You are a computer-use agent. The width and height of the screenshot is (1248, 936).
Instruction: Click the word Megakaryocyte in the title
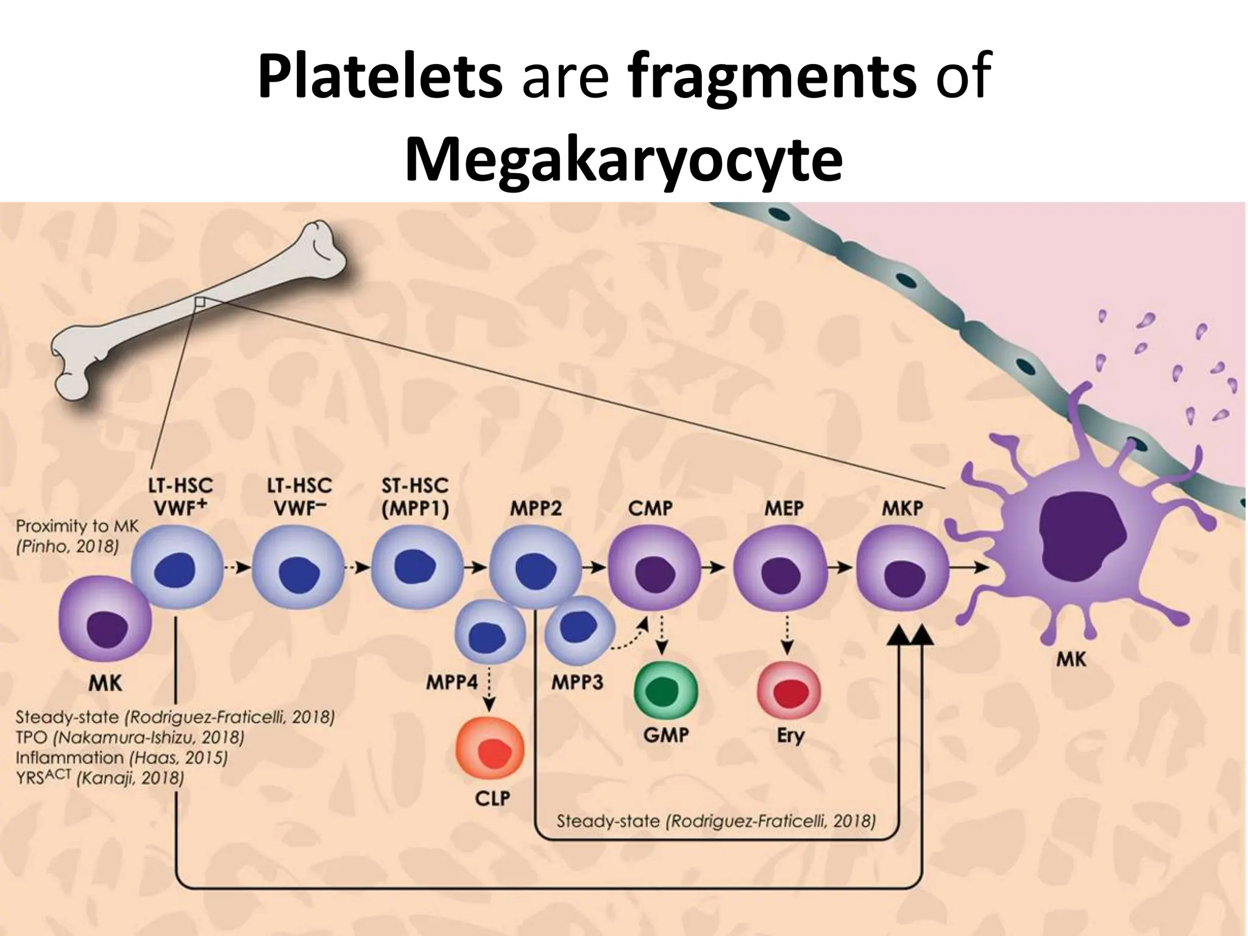[623, 160]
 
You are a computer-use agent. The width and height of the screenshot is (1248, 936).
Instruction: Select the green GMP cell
[665, 692]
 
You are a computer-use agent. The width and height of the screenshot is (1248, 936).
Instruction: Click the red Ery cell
[789, 692]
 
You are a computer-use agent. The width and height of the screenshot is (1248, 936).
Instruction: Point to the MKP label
[902, 508]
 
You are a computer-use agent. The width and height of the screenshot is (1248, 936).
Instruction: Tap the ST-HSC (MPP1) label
[415, 498]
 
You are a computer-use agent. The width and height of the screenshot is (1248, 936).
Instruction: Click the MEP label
[784, 508]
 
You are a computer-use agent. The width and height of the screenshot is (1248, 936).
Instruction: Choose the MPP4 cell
[489, 632]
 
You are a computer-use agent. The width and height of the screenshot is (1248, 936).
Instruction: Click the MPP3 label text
[577, 682]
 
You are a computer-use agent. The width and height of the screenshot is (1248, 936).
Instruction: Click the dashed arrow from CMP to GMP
[662, 633]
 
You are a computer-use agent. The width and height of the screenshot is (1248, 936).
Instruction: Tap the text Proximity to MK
[77, 526]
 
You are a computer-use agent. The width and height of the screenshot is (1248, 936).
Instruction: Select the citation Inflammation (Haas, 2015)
[121, 757]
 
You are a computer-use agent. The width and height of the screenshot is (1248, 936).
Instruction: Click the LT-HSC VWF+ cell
[177, 569]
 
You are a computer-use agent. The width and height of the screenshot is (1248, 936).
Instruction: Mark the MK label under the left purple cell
[105, 683]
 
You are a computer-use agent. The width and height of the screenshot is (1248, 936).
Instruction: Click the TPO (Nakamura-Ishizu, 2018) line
[130, 737]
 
